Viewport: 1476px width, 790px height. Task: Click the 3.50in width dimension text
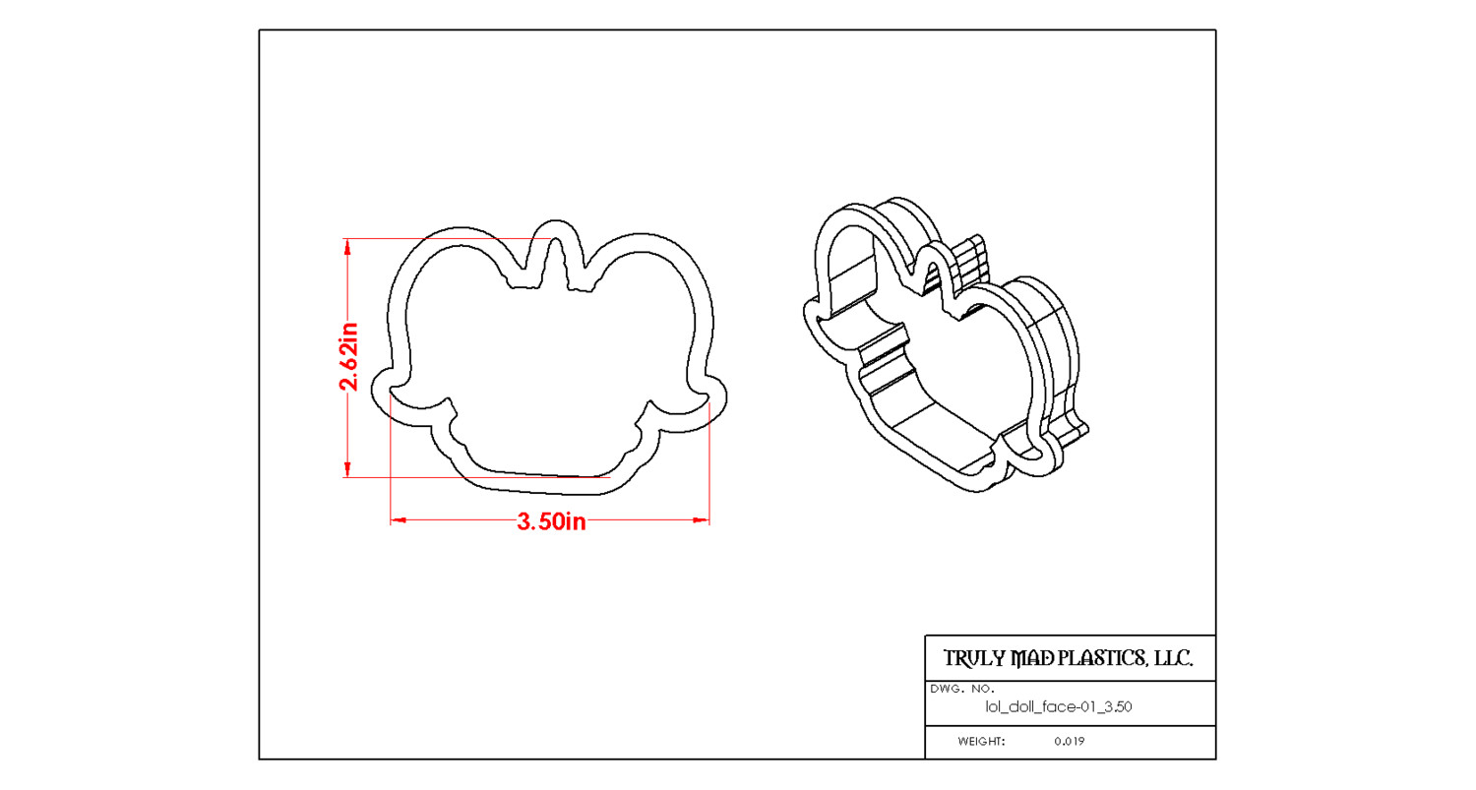[551, 521]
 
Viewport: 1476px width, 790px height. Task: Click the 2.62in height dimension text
[348, 356]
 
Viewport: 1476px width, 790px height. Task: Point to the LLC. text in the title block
[1174, 658]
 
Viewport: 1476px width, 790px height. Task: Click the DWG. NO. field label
[962, 689]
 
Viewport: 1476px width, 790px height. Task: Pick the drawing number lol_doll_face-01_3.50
[1058, 707]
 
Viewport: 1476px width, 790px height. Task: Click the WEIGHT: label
[981, 741]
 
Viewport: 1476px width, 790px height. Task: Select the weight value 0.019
[1069, 741]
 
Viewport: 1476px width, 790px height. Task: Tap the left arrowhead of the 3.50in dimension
[398, 520]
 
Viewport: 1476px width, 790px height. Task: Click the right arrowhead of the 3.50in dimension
[701, 520]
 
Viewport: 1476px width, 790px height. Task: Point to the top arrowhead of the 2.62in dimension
[347, 247]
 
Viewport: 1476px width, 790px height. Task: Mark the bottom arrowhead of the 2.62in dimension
[347, 468]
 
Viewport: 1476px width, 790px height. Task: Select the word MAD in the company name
[1034, 658]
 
